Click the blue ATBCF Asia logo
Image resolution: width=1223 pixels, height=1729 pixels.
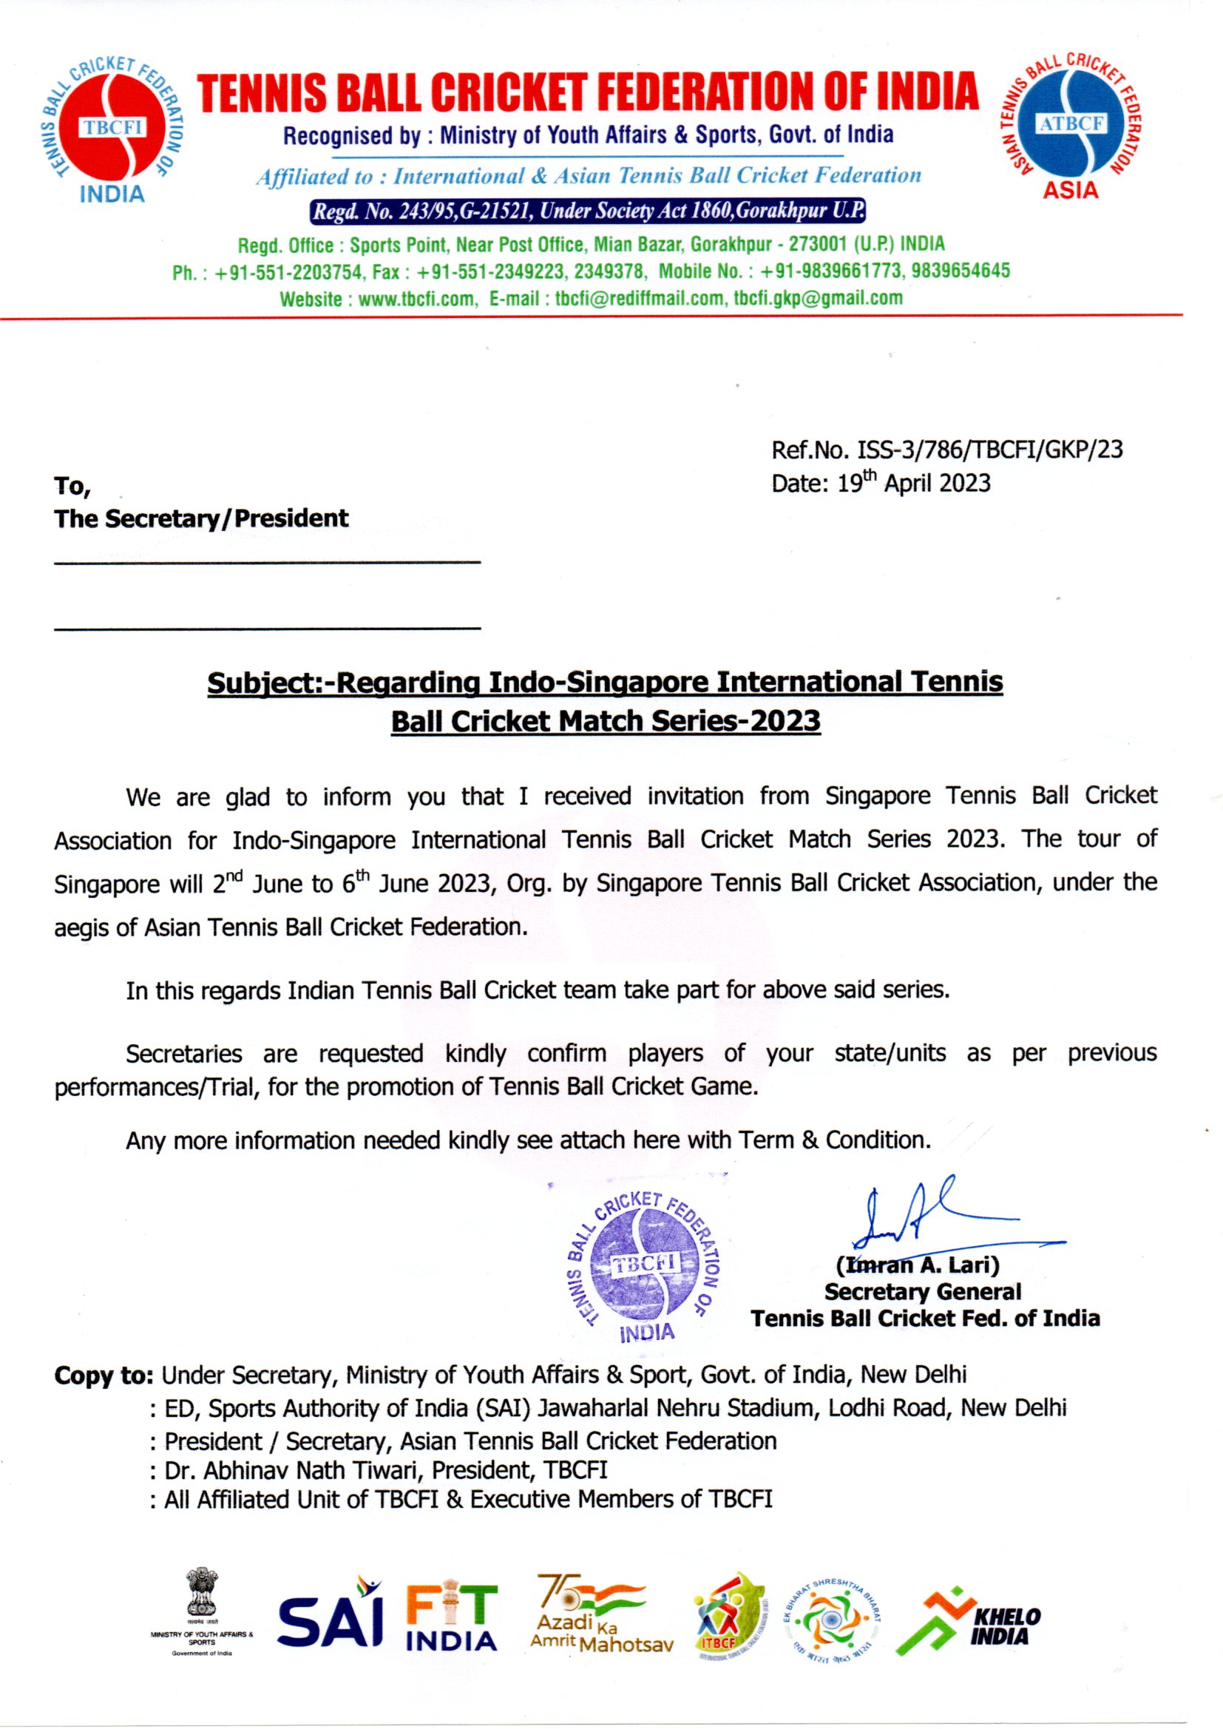pos(1071,126)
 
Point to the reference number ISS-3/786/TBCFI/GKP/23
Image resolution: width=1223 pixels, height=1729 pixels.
pos(989,450)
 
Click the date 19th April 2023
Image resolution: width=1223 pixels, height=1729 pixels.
pos(914,483)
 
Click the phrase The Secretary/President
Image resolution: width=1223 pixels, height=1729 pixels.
pos(201,519)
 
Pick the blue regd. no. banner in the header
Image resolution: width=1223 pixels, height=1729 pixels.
pos(587,211)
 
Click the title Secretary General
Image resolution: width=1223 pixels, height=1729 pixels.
pos(922,1292)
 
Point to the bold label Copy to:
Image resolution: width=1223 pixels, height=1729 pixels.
pos(104,1376)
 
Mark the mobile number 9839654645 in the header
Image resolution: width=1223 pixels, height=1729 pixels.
pos(961,271)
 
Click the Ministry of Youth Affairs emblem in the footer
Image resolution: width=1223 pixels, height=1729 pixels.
pos(201,1608)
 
